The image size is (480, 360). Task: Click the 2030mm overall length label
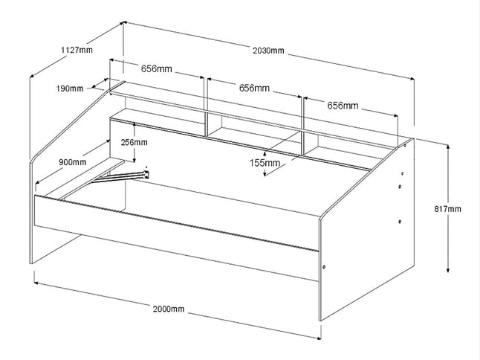[x=268, y=51]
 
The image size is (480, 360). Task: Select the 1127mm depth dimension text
[x=77, y=51]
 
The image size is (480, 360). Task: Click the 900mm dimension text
[x=71, y=161]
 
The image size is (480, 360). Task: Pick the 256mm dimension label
[x=134, y=143]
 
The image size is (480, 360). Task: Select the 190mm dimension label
[x=70, y=89]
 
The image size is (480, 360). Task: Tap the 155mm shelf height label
[x=265, y=162]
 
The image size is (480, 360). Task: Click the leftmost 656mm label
[x=157, y=69]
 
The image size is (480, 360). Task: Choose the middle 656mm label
[x=254, y=88]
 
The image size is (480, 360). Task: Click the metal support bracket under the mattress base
[x=126, y=176]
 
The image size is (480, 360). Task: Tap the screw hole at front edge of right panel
[x=325, y=266]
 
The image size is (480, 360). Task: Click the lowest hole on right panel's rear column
[x=400, y=221]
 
